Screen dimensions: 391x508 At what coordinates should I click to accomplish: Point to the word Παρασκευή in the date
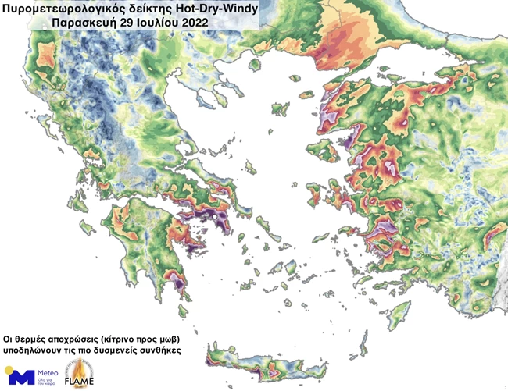coord(80,23)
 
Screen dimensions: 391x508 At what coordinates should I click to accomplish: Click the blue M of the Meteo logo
coord(21,377)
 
